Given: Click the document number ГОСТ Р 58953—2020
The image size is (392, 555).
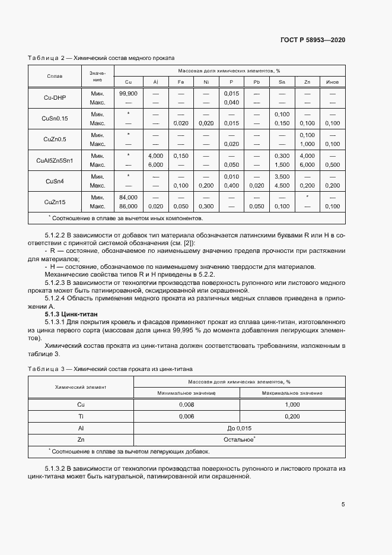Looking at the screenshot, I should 313,40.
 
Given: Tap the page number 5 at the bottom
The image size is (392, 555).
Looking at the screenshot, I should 343,505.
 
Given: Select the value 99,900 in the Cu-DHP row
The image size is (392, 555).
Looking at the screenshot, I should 128,94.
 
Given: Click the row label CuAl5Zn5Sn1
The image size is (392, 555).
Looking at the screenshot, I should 55,160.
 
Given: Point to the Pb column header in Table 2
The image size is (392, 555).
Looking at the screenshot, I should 256,81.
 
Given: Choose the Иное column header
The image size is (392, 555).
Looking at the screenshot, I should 332,81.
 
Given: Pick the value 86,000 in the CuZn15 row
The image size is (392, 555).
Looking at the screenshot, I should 128,206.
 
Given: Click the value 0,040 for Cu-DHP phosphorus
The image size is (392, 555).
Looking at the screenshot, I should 231,103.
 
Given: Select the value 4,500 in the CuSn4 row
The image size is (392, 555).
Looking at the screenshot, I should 282,185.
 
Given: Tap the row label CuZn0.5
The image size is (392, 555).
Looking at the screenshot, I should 55,139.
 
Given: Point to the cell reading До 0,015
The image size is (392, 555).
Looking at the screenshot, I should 240,427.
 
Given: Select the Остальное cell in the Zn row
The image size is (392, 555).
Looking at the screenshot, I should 240,439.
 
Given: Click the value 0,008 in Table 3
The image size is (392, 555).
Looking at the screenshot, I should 187,404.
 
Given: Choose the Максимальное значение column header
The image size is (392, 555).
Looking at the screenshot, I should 292,393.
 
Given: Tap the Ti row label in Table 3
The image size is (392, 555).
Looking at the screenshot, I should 81,416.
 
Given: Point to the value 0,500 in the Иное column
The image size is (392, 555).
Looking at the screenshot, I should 333,164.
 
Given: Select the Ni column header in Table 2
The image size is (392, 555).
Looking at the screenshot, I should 206,81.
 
